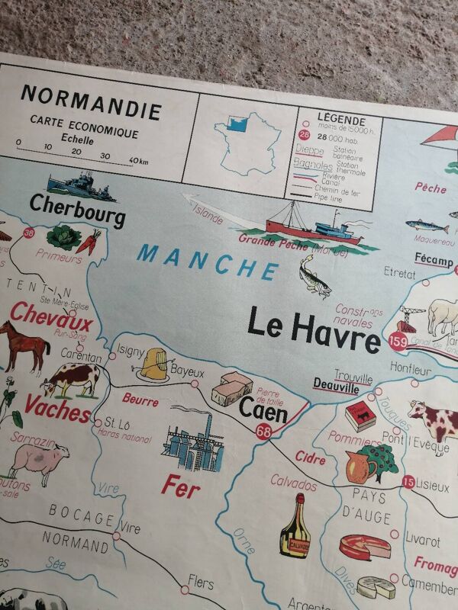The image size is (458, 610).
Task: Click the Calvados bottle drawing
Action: point(295,527)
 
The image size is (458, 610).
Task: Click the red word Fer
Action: point(181,486)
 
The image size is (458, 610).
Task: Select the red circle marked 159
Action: point(397,342)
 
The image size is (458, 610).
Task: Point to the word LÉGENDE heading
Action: point(340,120)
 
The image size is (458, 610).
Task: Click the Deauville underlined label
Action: point(336,387)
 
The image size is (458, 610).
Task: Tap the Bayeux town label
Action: point(187,371)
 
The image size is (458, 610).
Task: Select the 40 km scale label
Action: point(138,159)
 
